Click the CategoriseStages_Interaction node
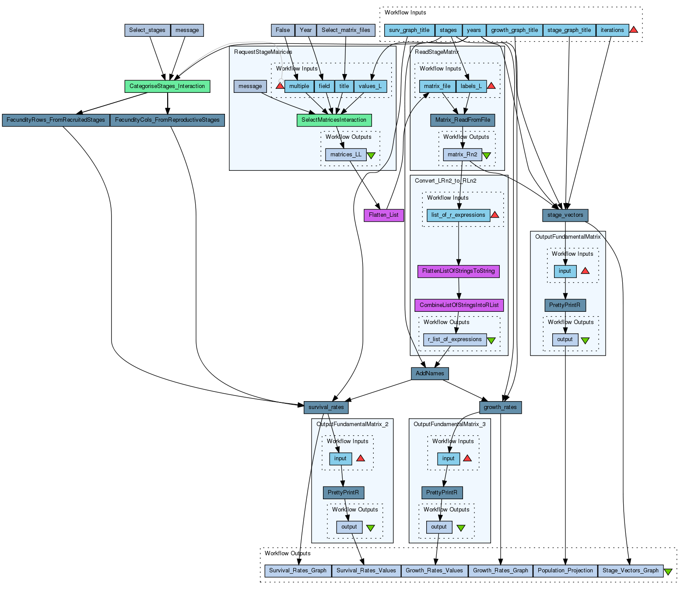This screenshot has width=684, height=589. (167, 86)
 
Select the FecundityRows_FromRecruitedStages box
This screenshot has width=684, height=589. (56, 120)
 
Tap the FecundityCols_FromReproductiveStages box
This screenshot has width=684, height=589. (167, 120)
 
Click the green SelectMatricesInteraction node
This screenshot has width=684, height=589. (334, 120)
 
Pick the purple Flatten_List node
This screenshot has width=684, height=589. (383, 215)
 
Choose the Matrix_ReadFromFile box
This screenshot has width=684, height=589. (463, 120)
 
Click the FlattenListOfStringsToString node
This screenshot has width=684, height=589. (458, 271)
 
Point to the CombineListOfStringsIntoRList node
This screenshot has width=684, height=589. (459, 305)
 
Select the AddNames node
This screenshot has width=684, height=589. (430, 374)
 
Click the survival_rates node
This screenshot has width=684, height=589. (326, 407)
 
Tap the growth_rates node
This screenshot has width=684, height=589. (500, 407)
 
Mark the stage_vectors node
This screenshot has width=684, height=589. (565, 215)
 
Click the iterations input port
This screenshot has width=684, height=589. (612, 30)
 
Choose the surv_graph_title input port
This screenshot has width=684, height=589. (409, 30)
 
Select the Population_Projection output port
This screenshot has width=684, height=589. (565, 571)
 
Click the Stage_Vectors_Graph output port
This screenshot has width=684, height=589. (630, 571)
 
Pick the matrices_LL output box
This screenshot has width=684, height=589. (346, 155)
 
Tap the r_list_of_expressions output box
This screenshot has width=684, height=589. (455, 339)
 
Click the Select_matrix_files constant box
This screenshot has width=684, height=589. (346, 30)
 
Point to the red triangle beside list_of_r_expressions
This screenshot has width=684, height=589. (495, 215)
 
